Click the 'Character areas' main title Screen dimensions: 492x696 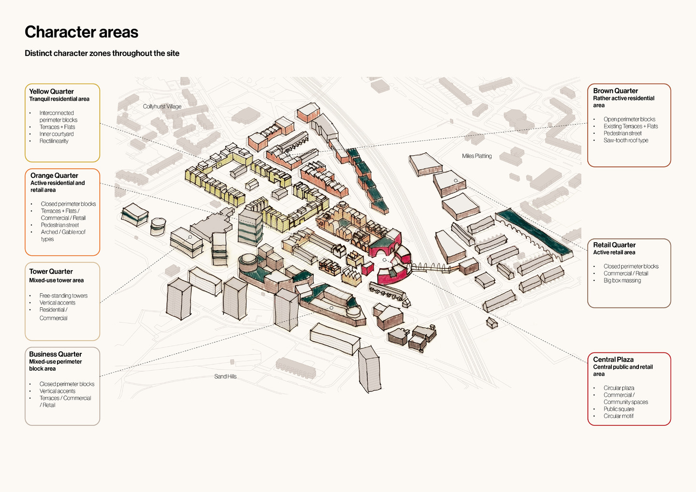(81, 32)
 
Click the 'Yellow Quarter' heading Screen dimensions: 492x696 (51, 91)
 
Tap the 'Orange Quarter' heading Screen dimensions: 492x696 (54, 175)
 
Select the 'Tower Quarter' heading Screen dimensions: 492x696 (51, 272)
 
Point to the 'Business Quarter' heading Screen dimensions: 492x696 (55, 354)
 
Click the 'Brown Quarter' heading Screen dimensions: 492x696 (615, 91)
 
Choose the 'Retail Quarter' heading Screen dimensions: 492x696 (614, 245)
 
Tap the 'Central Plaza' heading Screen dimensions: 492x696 (613, 360)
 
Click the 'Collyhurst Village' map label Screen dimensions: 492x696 (162, 106)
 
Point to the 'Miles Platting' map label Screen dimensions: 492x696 (477, 156)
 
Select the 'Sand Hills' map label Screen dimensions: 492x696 (225, 376)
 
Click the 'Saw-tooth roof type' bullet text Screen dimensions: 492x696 (625, 141)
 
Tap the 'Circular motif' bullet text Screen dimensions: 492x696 (618, 416)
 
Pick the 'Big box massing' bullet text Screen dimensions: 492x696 (622, 281)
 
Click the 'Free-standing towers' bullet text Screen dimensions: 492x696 (63, 296)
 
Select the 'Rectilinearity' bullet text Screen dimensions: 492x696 (54, 141)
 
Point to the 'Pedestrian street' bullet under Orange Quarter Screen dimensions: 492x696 (59, 225)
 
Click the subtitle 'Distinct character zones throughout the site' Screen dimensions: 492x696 (102, 53)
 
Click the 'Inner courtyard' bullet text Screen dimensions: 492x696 (57, 134)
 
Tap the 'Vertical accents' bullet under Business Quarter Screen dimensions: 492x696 (57, 391)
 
